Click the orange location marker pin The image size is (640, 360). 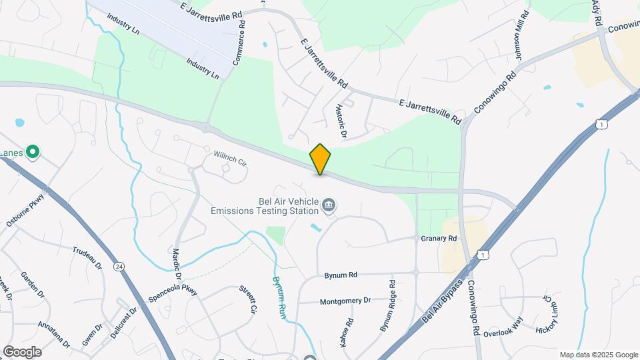point(320,159)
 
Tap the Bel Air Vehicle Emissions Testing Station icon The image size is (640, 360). point(328,204)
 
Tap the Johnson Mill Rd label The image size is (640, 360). point(521,45)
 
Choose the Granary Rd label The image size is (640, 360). point(439,238)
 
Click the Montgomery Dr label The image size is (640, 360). point(345,301)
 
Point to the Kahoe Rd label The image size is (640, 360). point(345,331)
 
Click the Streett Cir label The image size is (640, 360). point(248,299)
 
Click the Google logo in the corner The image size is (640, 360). point(22,351)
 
